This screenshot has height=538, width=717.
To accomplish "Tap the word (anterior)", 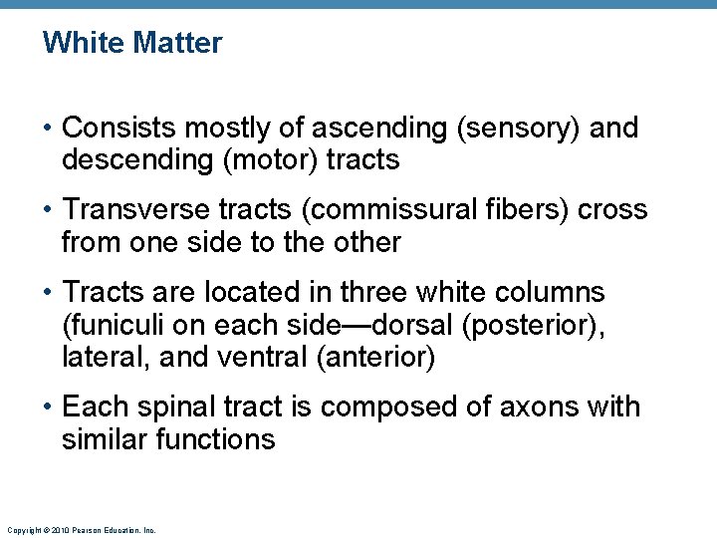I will point(374,357).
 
